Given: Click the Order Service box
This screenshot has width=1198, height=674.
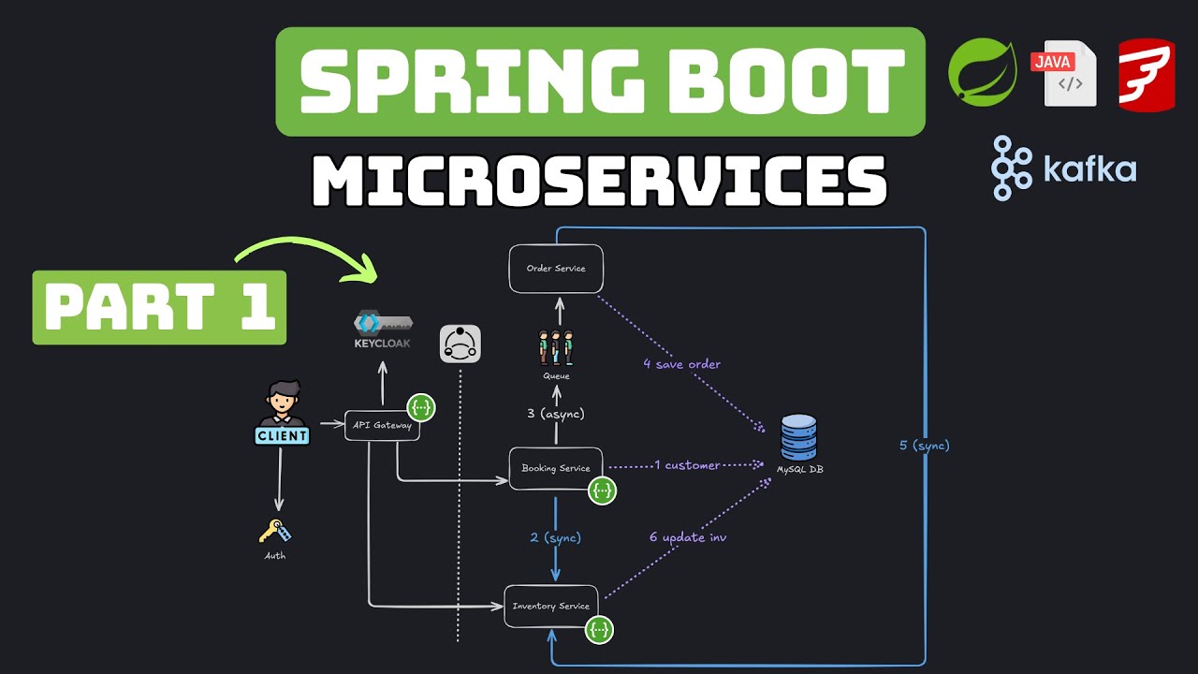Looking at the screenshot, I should coord(556,269).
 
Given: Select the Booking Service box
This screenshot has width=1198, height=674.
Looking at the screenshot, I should coord(556,468).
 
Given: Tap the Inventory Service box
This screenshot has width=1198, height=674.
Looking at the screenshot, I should coord(550,607).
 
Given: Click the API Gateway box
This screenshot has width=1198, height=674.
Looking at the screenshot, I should coord(382,426).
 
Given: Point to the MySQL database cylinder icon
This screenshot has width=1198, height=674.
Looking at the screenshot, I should coord(798,437).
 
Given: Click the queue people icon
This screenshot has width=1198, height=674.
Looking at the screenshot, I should coord(556,347).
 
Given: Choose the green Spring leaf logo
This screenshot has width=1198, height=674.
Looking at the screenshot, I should coord(982,71).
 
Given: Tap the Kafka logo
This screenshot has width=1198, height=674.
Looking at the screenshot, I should coord(1064,168).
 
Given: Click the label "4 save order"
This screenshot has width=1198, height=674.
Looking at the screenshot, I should coord(681,364).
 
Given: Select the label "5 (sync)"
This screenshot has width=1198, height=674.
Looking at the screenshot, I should coord(925,446).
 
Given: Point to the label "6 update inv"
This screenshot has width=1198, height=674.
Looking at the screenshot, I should coord(688,537).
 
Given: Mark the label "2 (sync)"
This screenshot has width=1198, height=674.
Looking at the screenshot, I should coord(556,537).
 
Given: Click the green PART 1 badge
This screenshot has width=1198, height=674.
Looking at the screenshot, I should coord(159,308).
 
